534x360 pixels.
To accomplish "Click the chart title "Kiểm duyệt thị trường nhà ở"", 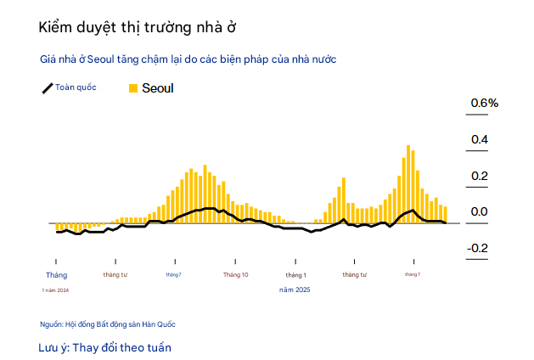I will (137, 27).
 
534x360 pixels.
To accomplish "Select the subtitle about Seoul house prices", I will (188, 59).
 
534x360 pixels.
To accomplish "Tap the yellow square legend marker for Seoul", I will (132, 87).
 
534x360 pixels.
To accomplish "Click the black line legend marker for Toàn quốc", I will (48, 88).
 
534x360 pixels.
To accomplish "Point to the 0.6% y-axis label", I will (484, 103).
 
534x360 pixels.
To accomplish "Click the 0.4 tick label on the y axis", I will (480, 139).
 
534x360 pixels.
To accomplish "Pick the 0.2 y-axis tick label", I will (480, 176).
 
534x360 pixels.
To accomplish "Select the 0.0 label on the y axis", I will (480, 212).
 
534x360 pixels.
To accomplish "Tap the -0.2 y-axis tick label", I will (478, 248).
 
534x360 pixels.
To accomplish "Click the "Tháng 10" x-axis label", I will (235, 275).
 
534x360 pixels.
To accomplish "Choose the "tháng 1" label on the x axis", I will (295, 275).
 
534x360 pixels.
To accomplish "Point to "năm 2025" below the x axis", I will (295, 290).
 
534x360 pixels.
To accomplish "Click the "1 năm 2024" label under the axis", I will (55, 290).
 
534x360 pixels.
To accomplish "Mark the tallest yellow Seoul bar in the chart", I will (408, 183).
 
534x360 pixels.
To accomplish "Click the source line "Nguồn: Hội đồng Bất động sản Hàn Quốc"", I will (108, 324).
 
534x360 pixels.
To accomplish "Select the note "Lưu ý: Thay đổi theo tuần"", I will (105, 348).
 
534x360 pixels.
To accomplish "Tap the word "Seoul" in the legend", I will (158, 87).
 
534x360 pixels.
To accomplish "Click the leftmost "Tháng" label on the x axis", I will (56, 275).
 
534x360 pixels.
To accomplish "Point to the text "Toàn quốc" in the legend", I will (76, 87).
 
